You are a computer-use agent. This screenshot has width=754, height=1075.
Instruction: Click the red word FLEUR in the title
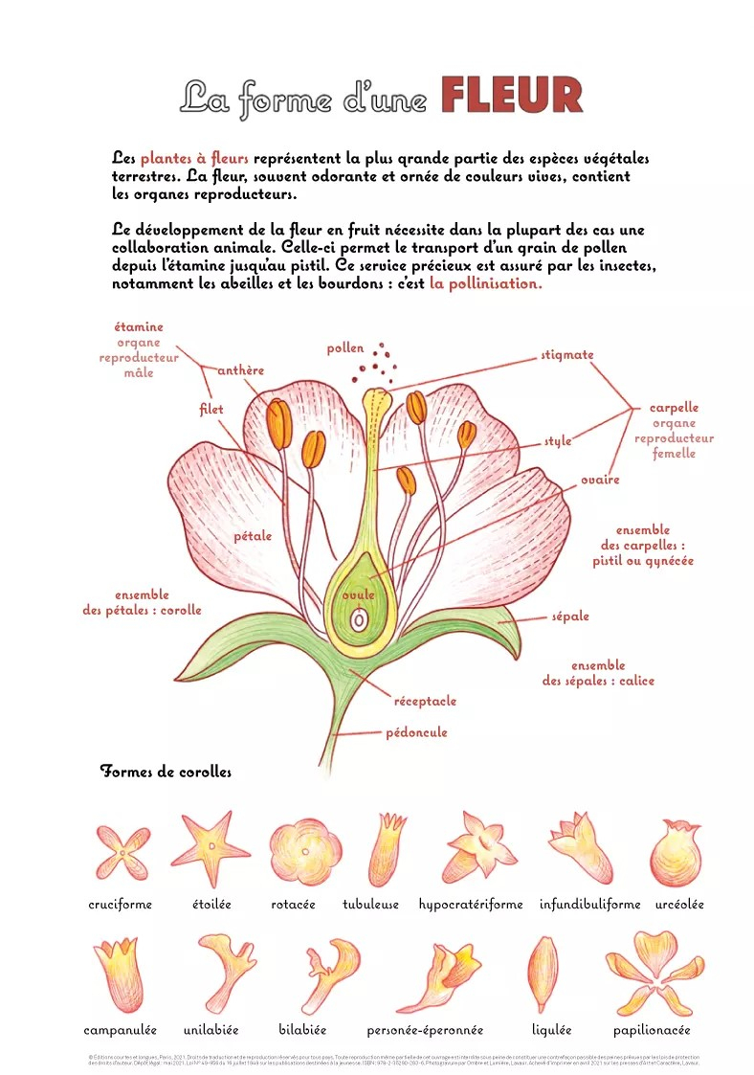tap(512, 96)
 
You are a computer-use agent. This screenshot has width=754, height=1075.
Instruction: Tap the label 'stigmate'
tap(567, 355)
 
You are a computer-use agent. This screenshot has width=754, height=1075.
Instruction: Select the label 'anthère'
tap(241, 370)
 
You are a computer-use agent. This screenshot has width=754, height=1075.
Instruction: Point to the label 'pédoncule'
tap(416, 732)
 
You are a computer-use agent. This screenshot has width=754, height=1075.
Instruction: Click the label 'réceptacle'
tap(425, 701)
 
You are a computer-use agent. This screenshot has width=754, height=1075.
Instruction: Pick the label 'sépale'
tap(570, 616)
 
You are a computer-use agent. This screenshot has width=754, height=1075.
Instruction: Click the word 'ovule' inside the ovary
tap(359, 595)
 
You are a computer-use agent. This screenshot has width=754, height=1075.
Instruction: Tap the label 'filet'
tap(211, 410)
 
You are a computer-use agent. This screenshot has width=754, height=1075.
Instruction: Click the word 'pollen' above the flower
tap(345, 348)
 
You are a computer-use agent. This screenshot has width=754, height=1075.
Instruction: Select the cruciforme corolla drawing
tap(122, 851)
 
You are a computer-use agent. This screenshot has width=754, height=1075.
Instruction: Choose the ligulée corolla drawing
tap(543, 973)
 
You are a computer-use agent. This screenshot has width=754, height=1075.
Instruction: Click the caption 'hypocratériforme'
tap(471, 905)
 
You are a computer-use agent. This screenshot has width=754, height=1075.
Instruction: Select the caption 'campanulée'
tap(121, 1030)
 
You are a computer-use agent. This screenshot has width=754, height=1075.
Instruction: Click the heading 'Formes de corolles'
tap(166, 772)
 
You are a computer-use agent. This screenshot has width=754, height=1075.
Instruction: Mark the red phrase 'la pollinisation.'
tap(486, 284)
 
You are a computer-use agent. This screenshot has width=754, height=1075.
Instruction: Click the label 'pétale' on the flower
tap(253, 536)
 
